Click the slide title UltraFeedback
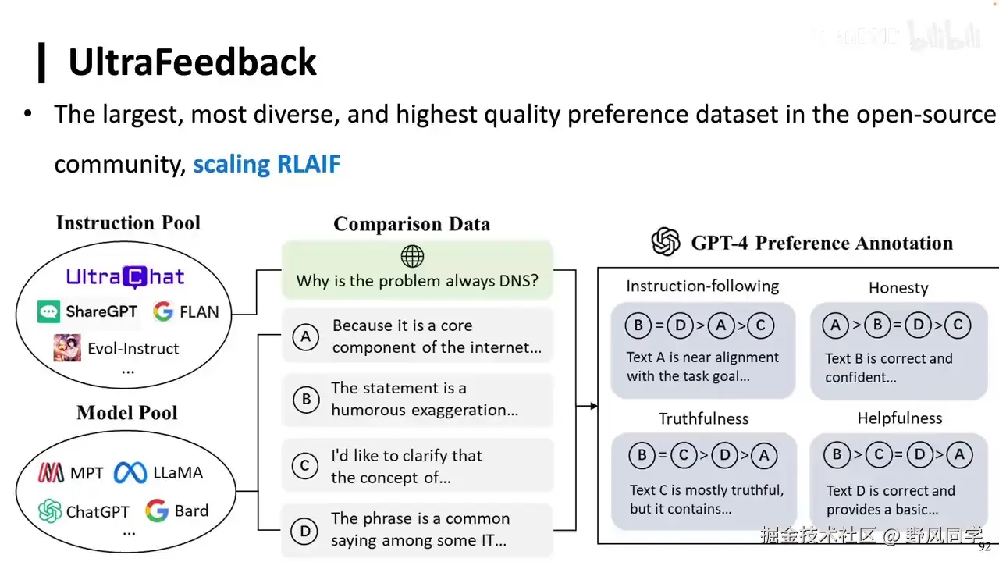pos(192,62)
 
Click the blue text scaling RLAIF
pos(266,165)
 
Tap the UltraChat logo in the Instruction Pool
pos(125,276)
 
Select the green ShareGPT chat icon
pos(48,312)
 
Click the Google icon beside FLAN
pos(163,312)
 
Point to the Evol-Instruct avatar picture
pos(67,347)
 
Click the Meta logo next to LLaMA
pos(130,472)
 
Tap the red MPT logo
pos(51,473)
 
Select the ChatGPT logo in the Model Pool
pos(50,511)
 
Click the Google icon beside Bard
pos(157,511)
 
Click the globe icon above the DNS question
pos(412,256)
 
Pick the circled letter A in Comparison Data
pos(306,336)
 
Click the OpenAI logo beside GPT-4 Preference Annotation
pos(666,242)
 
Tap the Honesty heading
pos(898,287)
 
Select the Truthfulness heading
pos(703,418)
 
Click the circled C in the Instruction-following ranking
pos(760,325)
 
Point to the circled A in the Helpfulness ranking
pos(959,455)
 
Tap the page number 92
pos(984,547)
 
